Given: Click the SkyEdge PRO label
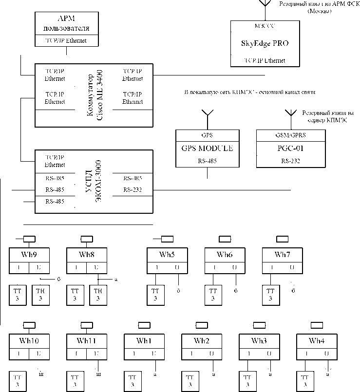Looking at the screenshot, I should click(265, 43).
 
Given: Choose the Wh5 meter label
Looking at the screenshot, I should click(167, 254).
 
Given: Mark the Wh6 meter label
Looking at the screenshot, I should click(225, 254).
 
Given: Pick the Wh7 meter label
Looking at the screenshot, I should click(282, 254).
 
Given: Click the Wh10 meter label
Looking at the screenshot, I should click(29, 340).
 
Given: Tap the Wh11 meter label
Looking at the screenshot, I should click(86, 340).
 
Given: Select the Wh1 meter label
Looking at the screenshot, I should click(144, 340).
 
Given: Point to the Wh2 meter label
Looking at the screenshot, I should click(201, 340).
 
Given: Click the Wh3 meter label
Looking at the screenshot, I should click(259, 340).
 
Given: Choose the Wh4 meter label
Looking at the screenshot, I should click(316, 340).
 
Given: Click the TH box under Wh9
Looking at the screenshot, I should click(41, 294).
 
